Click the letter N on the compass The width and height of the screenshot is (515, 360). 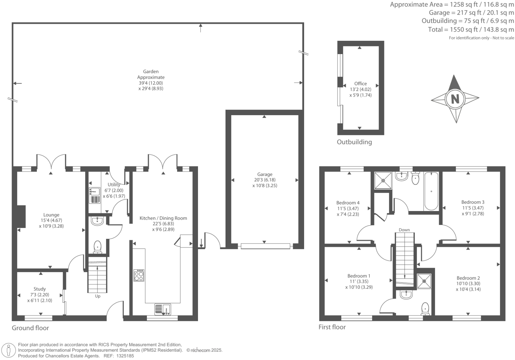tap(455, 99)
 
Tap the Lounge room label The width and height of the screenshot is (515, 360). tap(51, 215)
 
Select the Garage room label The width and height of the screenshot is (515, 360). tap(265, 174)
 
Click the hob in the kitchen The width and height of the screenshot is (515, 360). tap(139, 275)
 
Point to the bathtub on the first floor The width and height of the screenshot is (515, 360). tap(431, 191)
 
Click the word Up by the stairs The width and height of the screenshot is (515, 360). tap(97, 296)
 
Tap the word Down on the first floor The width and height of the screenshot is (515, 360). tap(404, 230)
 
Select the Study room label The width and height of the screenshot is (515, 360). tap(39, 289)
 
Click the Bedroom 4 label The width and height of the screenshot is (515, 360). tap(348, 203)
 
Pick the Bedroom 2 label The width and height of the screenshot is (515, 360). tap(468, 278)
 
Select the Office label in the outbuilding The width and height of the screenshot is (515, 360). tap(360, 84)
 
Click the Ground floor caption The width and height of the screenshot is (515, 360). tap(30, 328)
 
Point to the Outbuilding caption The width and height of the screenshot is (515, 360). tap(354, 142)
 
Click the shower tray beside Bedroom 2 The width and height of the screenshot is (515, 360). tap(424, 281)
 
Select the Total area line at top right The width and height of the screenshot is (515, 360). tap(471, 30)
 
